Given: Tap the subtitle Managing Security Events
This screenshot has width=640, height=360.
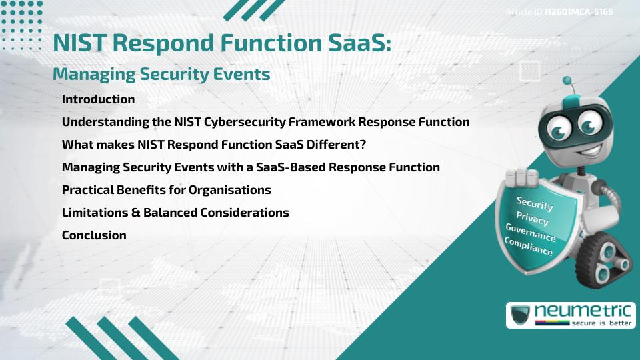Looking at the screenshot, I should [161, 75].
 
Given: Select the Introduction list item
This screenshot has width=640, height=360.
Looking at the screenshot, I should [98, 99].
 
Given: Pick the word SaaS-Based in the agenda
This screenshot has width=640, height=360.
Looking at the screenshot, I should [287, 167].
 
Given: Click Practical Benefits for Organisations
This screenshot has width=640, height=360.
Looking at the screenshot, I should [166, 190].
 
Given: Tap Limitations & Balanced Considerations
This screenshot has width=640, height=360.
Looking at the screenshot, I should [175, 213].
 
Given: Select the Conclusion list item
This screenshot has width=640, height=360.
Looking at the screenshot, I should [94, 235].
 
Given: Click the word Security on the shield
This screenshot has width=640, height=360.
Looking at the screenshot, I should [535, 203].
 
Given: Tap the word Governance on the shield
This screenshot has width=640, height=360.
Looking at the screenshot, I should [531, 233].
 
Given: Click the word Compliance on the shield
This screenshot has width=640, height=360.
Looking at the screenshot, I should [529, 246].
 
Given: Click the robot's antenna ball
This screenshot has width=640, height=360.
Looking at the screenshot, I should [568, 81].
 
